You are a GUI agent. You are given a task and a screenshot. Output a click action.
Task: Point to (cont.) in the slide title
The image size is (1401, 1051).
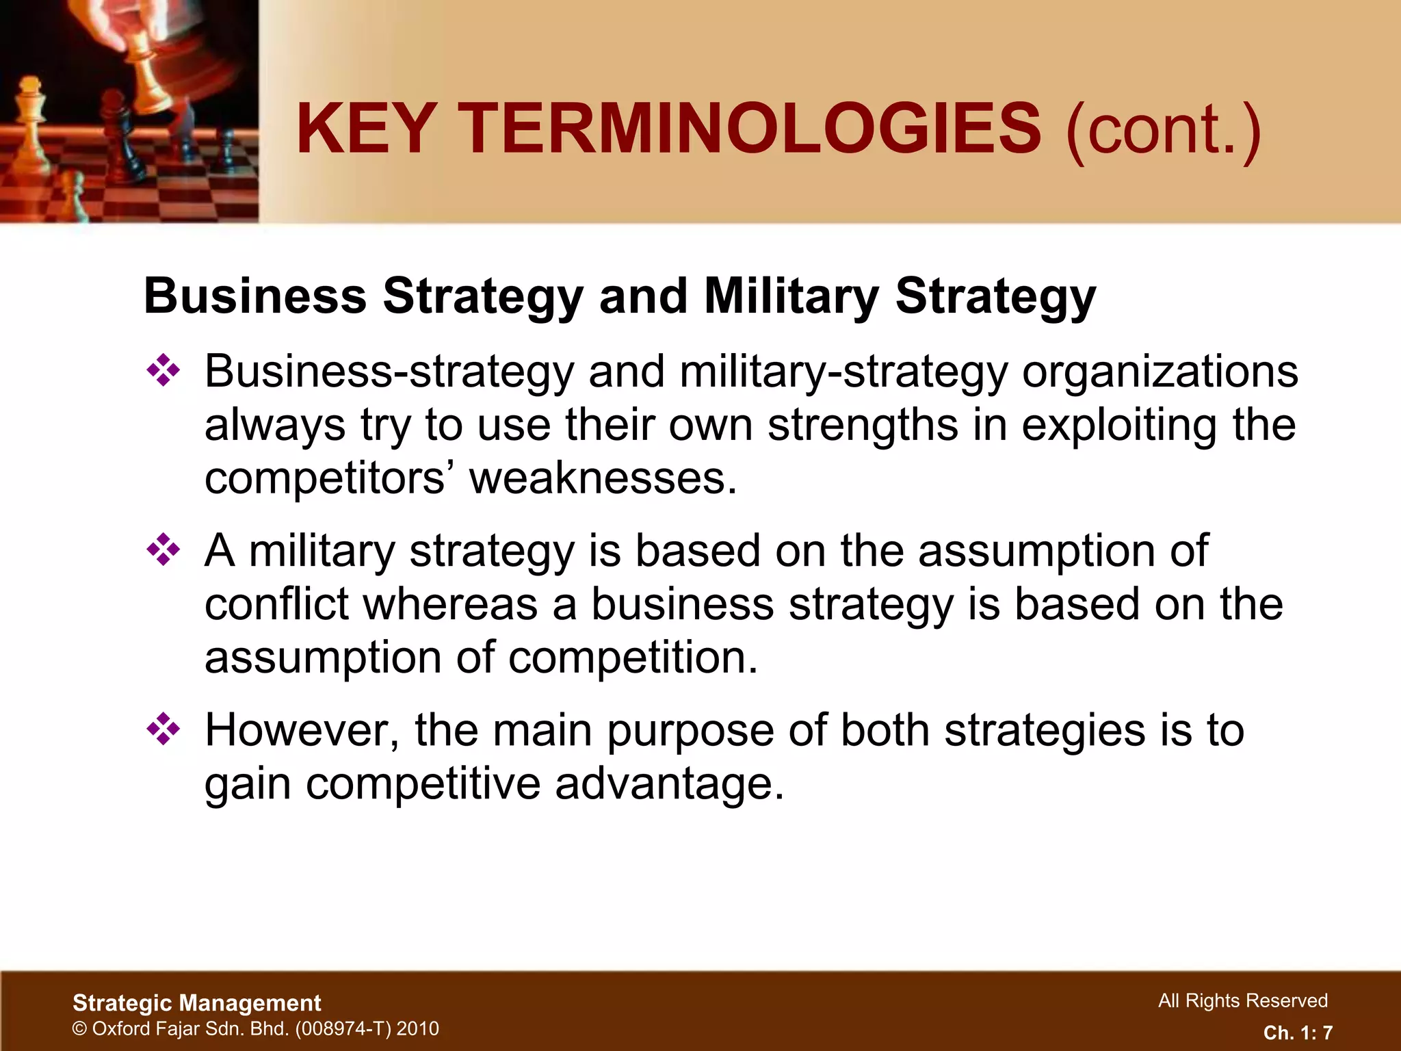[1163, 129]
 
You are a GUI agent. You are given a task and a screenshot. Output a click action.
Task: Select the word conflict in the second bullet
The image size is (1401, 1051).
[276, 604]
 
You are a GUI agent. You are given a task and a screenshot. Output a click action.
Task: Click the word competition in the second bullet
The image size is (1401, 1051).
[633, 657]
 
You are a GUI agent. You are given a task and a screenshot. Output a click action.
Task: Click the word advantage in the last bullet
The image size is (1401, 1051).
[669, 783]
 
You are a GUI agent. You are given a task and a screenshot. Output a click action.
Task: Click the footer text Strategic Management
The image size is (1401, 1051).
[197, 1003]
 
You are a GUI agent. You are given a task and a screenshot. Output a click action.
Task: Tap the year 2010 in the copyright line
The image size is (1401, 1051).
[417, 1028]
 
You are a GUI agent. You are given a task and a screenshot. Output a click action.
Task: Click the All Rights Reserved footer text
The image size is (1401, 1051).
[1242, 1000]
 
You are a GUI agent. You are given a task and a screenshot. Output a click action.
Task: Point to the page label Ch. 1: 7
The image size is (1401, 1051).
[1298, 1033]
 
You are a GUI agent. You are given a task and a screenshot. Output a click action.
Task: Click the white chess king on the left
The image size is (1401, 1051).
[29, 116]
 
